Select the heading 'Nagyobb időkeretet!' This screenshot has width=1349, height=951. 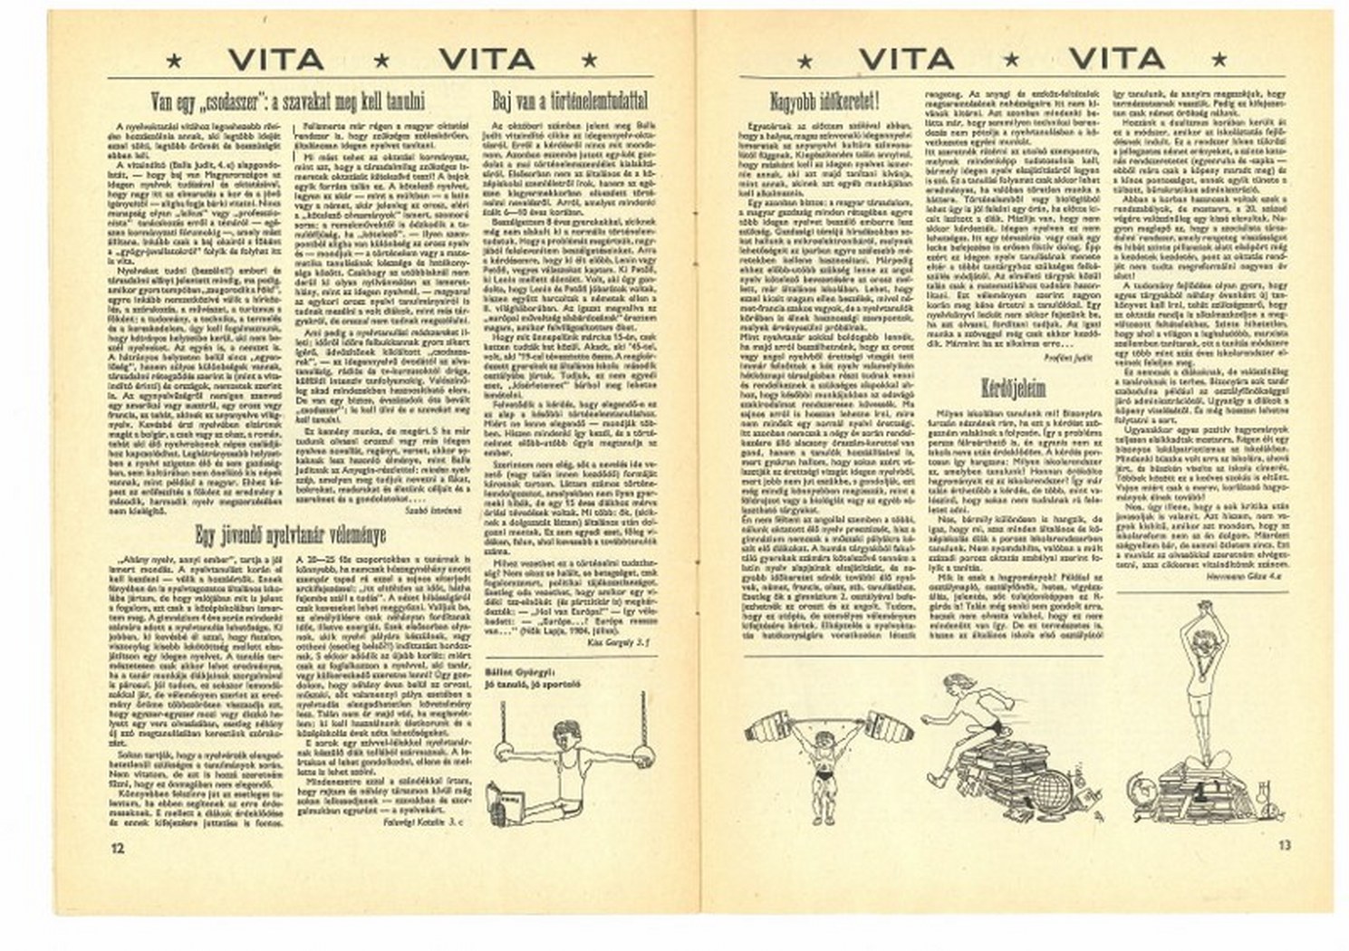click(824, 98)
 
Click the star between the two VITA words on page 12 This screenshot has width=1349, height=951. click(381, 61)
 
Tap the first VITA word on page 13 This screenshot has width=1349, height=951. click(906, 61)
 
